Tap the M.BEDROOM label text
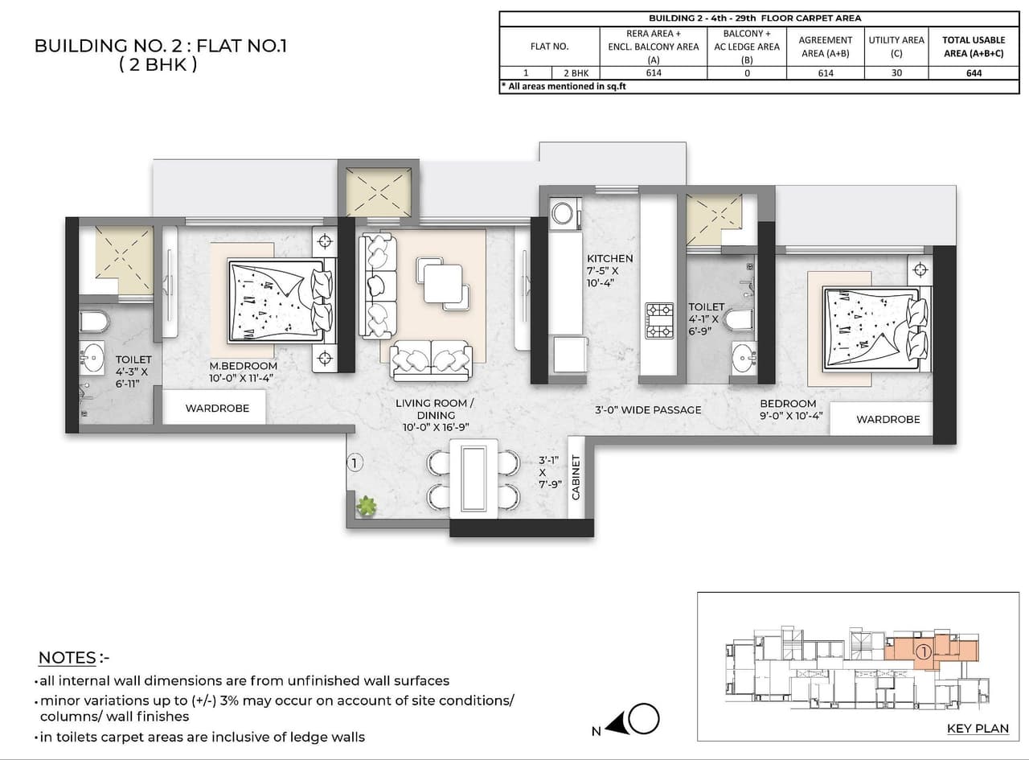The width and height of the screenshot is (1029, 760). coord(243,366)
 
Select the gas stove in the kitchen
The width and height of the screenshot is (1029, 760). coord(660,320)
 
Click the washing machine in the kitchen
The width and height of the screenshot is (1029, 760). coord(562,213)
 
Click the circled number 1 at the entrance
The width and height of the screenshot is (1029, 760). coord(355,462)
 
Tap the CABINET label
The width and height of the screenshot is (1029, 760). coord(576,478)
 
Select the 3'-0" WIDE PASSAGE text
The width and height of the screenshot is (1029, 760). coord(648,409)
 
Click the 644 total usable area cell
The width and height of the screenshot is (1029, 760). coord(974,72)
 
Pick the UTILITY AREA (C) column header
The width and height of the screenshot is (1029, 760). coord(896,47)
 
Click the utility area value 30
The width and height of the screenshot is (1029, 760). coord(896,72)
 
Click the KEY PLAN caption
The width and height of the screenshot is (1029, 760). coord(977,729)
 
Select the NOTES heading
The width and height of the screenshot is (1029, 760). coord(68,658)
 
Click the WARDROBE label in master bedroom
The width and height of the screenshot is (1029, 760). coord(217,408)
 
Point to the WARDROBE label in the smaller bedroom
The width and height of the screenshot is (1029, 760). coord(888,419)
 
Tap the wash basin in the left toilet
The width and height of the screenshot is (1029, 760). coord(94,355)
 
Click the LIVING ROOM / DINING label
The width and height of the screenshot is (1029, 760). coord(435,409)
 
